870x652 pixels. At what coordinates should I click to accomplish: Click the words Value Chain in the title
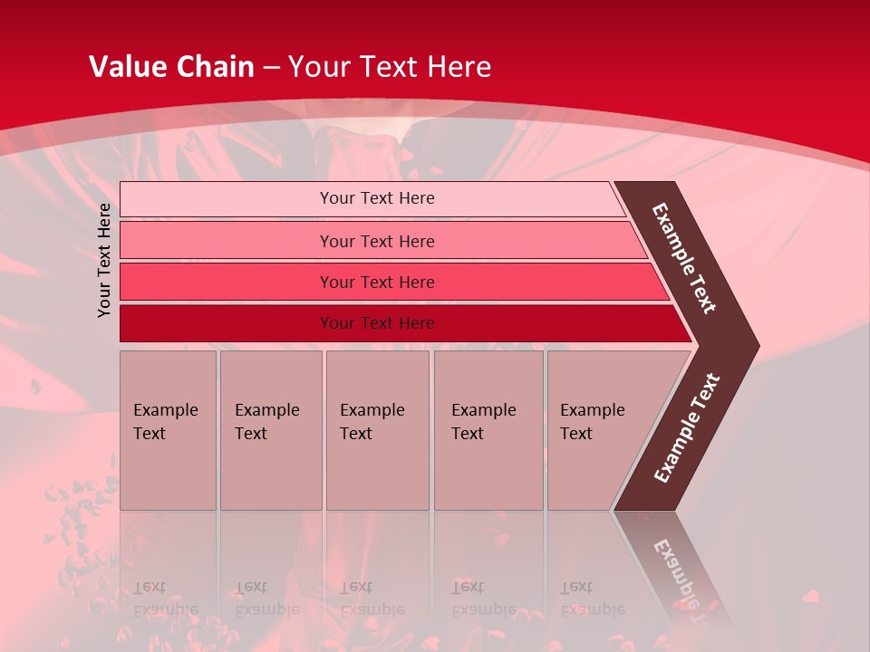pyautogui.click(x=171, y=67)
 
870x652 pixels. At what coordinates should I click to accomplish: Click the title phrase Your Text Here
pyautogui.click(x=390, y=67)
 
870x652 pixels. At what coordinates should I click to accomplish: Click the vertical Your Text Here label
pyautogui.click(x=105, y=260)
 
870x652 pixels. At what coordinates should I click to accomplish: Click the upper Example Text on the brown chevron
pyautogui.click(x=684, y=257)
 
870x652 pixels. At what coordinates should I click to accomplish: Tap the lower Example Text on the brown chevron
pyautogui.click(x=687, y=427)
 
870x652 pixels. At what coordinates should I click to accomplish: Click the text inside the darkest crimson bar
pyautogui.click(x=377, y=323)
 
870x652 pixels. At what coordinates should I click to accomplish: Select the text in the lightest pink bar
pyautogui.click(x=377, y=198)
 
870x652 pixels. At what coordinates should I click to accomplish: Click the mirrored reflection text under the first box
pyautogui.click(x=165, y=599)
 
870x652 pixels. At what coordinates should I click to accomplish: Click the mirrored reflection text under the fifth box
pyautogui.click(x=592, y=599)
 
